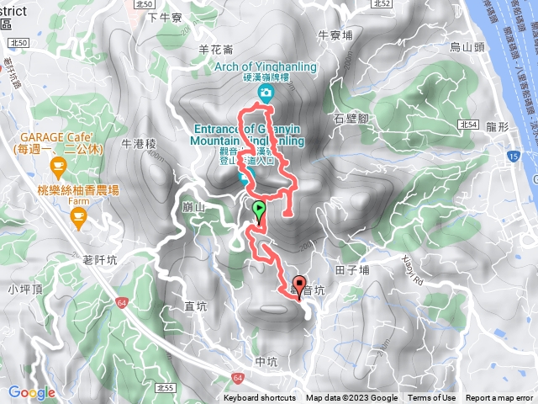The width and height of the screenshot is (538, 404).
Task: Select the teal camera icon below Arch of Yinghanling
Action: pos(266,92)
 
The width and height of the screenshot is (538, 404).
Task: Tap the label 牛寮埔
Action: pos(335,35)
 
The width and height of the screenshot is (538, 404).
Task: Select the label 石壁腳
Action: pos(351,119)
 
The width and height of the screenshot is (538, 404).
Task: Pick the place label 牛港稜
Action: pos(140,144)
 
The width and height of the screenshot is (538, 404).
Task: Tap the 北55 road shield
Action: pos(166,387)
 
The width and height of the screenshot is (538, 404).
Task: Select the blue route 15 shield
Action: pos(512,157)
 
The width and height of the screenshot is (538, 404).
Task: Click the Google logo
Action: pos(31,392)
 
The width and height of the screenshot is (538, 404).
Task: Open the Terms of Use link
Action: pos(432,398)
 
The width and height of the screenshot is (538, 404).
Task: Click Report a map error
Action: pos(499,398)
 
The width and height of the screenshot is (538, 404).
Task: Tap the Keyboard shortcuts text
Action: pos(260,398)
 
